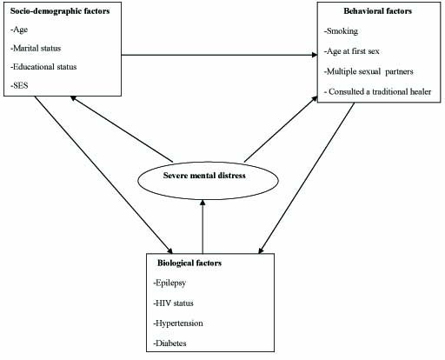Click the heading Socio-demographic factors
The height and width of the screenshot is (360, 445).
tap(60, 11)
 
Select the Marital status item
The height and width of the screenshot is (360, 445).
tap(36, 48)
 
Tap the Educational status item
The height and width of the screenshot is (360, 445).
tap(43, 67)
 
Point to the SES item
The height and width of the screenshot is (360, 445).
tap(19, 85)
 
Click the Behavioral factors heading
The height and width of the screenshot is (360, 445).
tap(378, 11)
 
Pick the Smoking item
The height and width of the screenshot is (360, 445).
tap(341, 31)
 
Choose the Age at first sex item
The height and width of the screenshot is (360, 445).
tap(352, 51)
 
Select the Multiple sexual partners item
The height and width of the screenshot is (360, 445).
tap(369, 71)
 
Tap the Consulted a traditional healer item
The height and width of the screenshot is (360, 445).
tap(377, 92)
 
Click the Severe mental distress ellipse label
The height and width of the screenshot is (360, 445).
tap(204, 176)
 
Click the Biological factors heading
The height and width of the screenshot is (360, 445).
tap(189, 263)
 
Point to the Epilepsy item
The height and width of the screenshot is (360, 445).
tap(169, 283)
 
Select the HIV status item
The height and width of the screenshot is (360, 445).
tap(173, 303)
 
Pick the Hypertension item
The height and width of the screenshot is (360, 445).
tap(178, 323)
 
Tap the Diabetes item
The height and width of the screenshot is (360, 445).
tap(169, 343)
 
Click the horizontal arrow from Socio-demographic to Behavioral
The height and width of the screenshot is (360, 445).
tap(219, 55)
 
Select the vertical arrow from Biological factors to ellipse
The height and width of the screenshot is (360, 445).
tap(203, 227)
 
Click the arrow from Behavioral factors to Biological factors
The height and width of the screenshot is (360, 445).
tap(307, 178)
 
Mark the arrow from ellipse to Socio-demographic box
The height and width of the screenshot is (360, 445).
tap(122, 130)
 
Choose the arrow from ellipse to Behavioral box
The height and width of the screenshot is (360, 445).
tap(281, 129)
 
